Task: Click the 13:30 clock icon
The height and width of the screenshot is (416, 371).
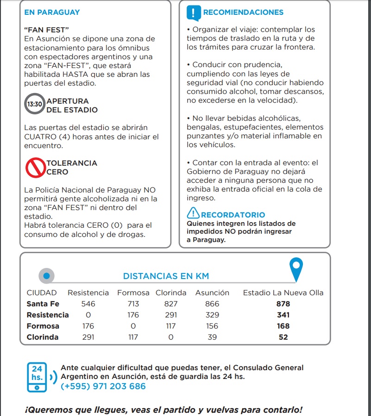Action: pyautogui.click(x=35, y=105)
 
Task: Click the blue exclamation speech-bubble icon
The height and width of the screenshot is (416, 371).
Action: pyautogui.click(x=194, y=12)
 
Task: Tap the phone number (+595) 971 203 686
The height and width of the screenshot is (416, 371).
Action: pyautogui.click(x=103, y=386)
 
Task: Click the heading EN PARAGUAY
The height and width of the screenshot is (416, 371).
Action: pyautogui.click(x=52, y=12)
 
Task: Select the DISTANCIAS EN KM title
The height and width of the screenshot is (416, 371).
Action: pyautogui.click(x=166, y=276)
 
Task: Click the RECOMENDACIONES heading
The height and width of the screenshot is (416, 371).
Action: pyautogui.click(x=243, y=12)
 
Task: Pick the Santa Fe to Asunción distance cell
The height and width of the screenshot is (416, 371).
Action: pyautogui.click(x=212, y=304)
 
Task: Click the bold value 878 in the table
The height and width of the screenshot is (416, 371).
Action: pyautogui.click(x=283, y=304)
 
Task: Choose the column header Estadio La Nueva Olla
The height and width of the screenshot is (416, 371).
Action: pyautogui.click(x=283, y=292)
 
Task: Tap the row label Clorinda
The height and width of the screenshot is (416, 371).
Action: pyautogui.click(x=43, y=337)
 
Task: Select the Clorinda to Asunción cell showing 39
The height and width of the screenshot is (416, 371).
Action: pyautogui.click(x=212, y=337)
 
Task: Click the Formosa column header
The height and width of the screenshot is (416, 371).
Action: pyautogui.click(x=133, y=292)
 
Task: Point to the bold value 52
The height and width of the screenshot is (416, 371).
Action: pyautogui.click(x=283, y=337)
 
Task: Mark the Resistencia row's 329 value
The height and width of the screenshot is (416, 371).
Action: pyautogui.click(x=212, y=315)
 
